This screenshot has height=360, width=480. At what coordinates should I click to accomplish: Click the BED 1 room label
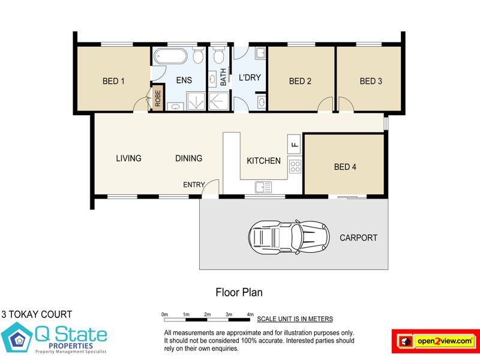(x=113, y=81)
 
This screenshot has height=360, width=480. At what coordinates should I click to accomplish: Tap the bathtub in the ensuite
(x=170, y=56)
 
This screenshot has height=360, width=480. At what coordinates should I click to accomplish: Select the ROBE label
(x=158, y=98)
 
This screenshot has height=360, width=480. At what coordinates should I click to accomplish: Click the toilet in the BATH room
(x=218, y=55)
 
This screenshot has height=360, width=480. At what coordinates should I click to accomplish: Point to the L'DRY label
(x=250, y=77)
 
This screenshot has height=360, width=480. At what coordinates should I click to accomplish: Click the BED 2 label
(x=300, y=81)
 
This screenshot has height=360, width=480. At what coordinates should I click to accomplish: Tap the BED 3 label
(x=371, y=81)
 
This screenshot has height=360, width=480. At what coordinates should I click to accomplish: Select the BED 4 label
(x=345, y=167)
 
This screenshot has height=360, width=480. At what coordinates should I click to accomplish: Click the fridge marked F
(x=294, y=144)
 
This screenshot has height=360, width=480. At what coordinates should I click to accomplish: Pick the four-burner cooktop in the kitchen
(x=295, y=167)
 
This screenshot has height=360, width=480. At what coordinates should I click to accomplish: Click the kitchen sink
(x=263, y=187)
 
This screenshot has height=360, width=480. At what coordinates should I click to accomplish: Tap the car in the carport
(x=289, y=236)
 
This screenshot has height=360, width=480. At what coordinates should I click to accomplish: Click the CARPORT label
(x=358, y=238)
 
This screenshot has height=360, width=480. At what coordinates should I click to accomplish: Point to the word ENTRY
(x=194, y=185)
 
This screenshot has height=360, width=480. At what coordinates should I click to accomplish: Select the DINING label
(x=188, y=158)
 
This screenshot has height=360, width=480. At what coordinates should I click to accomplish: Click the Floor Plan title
(x=239, y=292)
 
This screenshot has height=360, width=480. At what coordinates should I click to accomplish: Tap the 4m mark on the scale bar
(x=250, y=314)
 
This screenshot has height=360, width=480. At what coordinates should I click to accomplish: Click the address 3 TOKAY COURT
(x=37, y=314)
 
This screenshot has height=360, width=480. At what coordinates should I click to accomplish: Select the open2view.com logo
(x=436, y=341)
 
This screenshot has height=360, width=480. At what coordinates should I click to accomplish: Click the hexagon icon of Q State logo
(x=17, y=337)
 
